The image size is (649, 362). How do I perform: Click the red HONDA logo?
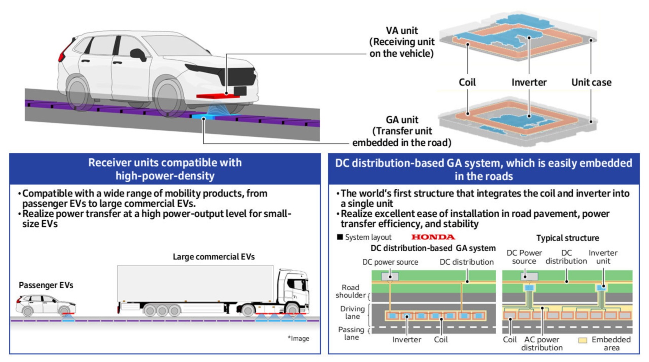pos(433,237)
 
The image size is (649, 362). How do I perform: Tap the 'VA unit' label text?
pos(402,31)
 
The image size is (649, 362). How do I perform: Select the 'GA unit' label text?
pos(402,120)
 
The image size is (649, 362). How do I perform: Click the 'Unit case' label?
pos(592,82)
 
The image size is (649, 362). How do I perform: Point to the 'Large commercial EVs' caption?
pos(214,257)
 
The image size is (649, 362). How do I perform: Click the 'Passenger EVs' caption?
pos(46,285)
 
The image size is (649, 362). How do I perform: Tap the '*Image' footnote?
pos(298,338)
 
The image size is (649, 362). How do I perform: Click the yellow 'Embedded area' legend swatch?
pos(583,340)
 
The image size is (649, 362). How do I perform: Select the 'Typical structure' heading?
pos(567,238)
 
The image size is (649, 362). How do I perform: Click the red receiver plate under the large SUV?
pos(218,96)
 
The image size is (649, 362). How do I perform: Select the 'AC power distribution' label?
pos(542,344)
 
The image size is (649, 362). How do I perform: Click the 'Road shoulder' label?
pos(351,292)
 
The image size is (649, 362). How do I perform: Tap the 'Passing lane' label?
pos(351,333)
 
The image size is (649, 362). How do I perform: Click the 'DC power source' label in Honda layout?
pos(390,262)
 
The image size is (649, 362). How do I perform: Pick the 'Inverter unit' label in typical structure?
pos(603,257)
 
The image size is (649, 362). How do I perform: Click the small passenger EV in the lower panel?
pos(46,306)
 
